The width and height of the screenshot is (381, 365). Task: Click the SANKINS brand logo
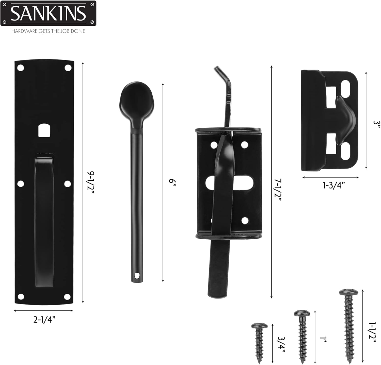(x=48, y=13)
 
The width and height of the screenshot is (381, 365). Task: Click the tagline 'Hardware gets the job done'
(x=48, y=31)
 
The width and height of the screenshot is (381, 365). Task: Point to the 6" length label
(x=172, y=182)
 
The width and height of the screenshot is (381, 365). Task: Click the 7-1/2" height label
(x=278, y=189)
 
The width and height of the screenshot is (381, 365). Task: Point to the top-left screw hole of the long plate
(x=20, y=68)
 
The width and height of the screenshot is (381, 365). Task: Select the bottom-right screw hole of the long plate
(x=67, y=296)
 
